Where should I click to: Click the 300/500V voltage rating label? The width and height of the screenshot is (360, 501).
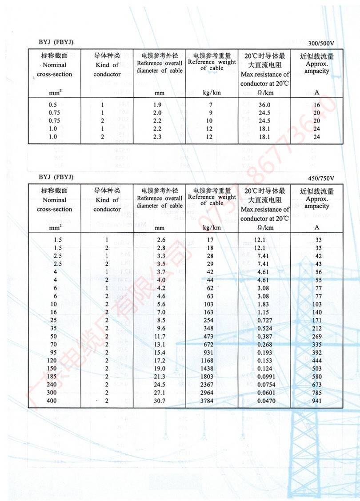tap(320, 44)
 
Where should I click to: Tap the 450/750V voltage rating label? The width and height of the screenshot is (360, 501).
tap(320, 178)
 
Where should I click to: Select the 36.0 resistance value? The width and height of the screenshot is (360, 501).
tap(264, 105)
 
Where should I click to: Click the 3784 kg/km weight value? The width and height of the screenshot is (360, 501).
tap(208, 401)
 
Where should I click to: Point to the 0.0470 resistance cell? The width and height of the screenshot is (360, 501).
tap(266, 401)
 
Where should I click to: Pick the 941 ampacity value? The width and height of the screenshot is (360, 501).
tap(317, 401)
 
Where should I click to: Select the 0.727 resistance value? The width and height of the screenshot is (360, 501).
tap(266, 320)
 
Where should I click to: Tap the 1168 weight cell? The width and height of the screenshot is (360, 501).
tap(208, 361)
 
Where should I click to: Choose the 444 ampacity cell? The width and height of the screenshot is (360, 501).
tap(317, 361)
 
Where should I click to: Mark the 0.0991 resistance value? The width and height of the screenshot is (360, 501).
tap(266, 377)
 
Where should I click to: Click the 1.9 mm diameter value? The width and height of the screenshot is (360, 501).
tap(157, 105)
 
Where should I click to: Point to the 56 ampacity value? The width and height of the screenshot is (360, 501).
tap(317, 272)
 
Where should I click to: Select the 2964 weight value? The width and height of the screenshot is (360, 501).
tap(208, 393)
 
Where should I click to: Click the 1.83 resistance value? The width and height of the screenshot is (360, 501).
tap(266, 304)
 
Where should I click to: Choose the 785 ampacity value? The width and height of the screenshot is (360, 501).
tap(317, 393)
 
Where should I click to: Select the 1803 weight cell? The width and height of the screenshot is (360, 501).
tap(208, 377)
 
